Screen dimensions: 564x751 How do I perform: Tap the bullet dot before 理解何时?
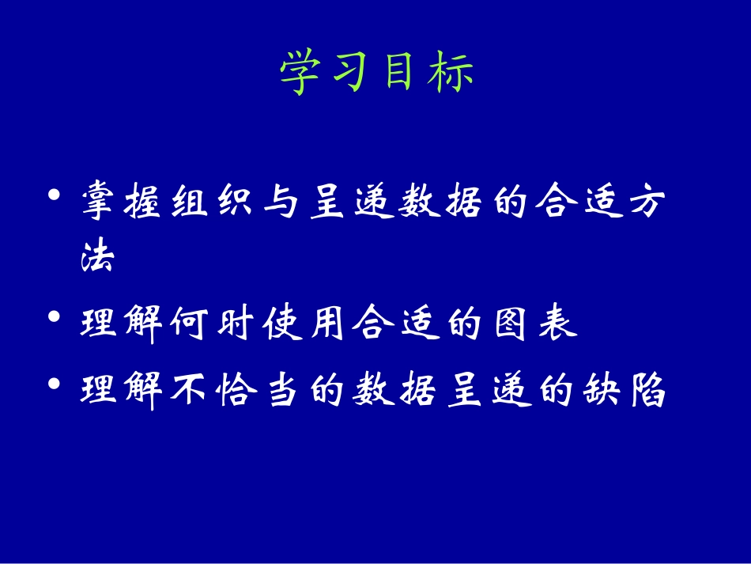[54, 318]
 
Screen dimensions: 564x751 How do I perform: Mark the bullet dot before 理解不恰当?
[54, 384]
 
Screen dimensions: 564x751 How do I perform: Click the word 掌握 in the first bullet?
[123, 203]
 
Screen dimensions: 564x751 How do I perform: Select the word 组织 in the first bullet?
[213, 203]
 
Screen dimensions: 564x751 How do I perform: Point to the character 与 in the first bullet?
[281, 203]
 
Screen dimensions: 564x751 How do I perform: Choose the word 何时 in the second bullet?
[213, 324]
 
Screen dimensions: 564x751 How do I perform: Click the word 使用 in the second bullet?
[305, 324]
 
